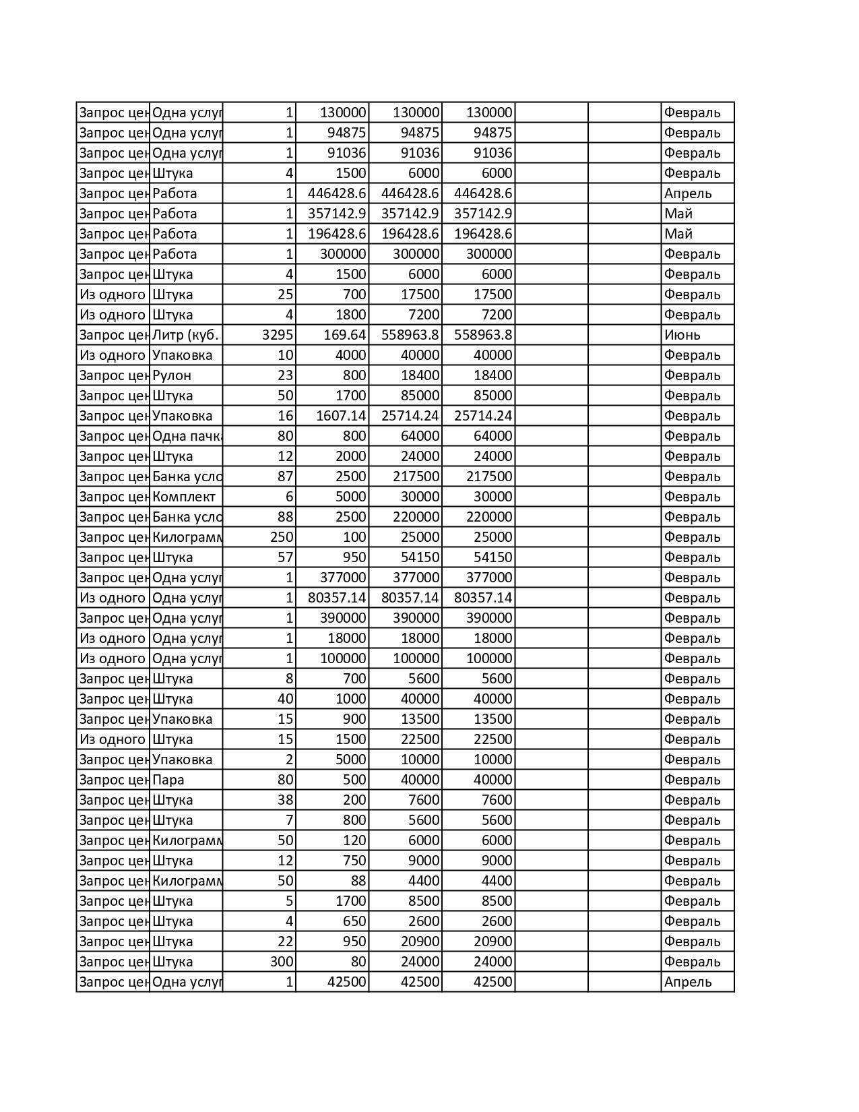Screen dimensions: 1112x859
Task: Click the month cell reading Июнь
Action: point(682,335)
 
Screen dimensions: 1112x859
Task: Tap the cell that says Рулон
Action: point(172,375)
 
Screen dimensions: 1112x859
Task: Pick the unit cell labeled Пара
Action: point(168,780)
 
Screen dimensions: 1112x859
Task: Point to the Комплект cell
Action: point(184,497)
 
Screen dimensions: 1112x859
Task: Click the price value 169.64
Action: point(346,335)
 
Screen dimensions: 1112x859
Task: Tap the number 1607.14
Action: point(341,416)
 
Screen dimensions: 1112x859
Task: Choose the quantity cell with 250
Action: point(282,537)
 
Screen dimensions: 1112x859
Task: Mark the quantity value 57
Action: point(285,557)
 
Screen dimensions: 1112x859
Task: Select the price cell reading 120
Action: point(354,840)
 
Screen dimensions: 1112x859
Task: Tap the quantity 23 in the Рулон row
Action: point(285,375)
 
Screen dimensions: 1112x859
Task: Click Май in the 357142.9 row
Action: point(678,214)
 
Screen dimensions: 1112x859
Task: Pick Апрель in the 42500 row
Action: point(687,982)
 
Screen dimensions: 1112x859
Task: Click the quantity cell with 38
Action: point(285,800)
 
